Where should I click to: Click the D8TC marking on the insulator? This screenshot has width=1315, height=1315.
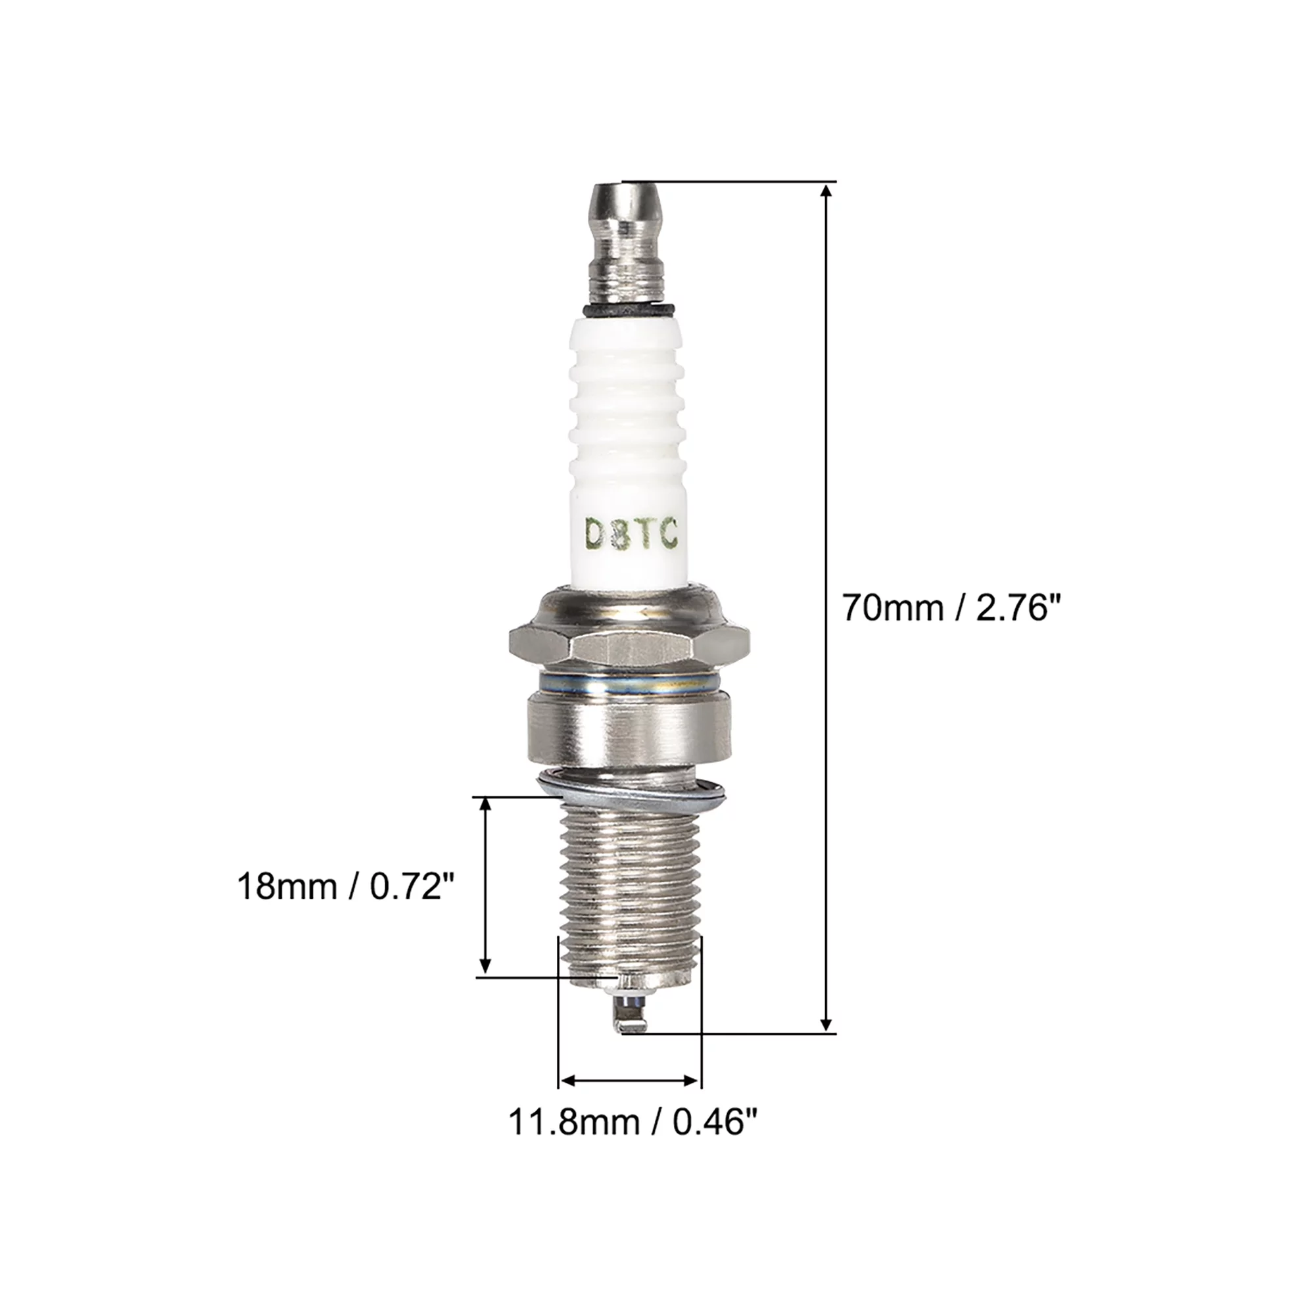631,535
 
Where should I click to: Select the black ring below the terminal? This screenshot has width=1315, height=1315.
629,310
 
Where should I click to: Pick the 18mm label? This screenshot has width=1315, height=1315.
286,888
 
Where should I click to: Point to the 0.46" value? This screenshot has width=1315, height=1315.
715,1122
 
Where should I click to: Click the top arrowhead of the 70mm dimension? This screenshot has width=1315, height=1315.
826,193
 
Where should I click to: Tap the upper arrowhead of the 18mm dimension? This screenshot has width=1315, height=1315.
485,805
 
